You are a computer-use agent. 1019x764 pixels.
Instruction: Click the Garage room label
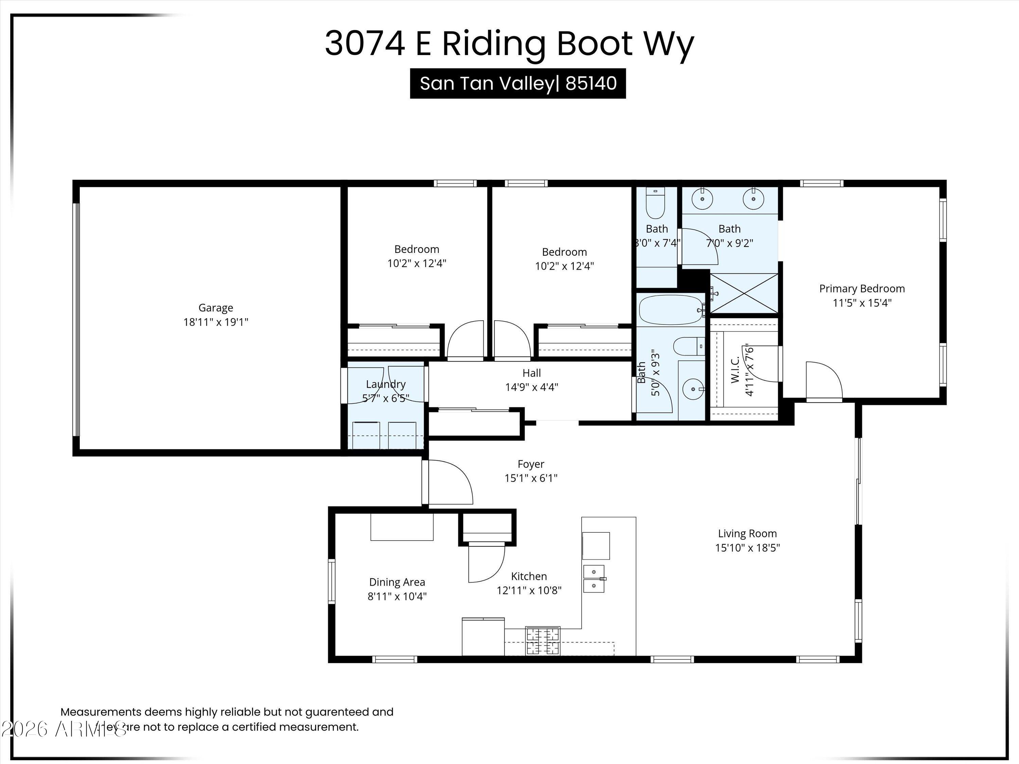click(216, 308)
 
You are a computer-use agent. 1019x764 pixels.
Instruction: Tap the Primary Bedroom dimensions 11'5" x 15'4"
click(862, 303)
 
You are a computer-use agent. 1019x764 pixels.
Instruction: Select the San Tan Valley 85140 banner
click(518, 83)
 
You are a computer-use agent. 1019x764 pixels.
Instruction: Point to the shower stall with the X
click(744, 293)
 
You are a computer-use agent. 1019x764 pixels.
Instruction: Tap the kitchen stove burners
click(543, 641)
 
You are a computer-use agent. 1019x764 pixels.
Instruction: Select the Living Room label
click(747, 533)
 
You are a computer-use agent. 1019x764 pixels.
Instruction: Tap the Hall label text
click(532, 373)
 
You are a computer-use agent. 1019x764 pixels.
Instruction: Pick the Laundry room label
click(386, 384)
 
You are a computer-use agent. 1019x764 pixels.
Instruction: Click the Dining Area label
click(397, 582)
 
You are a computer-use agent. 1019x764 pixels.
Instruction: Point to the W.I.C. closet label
click(735, 369)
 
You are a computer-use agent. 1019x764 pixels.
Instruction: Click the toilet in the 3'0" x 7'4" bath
click(656, 205)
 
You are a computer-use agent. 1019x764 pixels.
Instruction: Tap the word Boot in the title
click(595, 43)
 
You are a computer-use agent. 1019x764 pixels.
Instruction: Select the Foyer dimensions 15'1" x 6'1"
click(531, 478)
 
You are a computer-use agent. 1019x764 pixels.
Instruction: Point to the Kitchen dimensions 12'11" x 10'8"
click(529, 590)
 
